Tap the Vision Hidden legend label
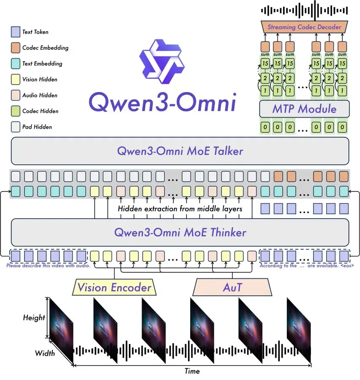pyautogui.click(x=40, y=79)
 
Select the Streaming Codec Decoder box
pyautogui.click(x=304, y=27)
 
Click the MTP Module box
pyautogui.click(x=304, y=109)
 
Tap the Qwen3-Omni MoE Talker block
pyautogui.click(x=180, y=151)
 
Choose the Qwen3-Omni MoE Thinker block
pyautogui.click(x=180, y=232)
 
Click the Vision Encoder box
pyautogui.click(x=114, y=288)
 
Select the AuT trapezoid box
pyautogui.click(x=232, y=288)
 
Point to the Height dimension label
pyautogui.click(x=34, y=317)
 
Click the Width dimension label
pyautogui.click(x=44, y=353)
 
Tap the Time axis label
pyautogui.click(x=192, y=371)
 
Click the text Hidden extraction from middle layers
pyautogui.click(x=180, y=209)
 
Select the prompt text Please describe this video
pyautogui.click(x=48, y=266)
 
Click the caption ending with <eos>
pyautogui.click(x=306, y=266)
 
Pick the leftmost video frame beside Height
pyautogui.click(x=62, y=327)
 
